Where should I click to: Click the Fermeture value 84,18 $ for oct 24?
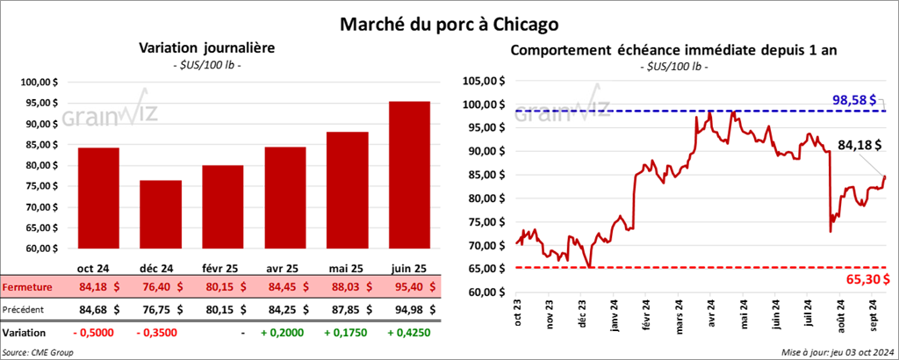tap(99, 286)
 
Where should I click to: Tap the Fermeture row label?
tap(28, 287)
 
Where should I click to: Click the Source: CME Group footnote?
tap(39, 352)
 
